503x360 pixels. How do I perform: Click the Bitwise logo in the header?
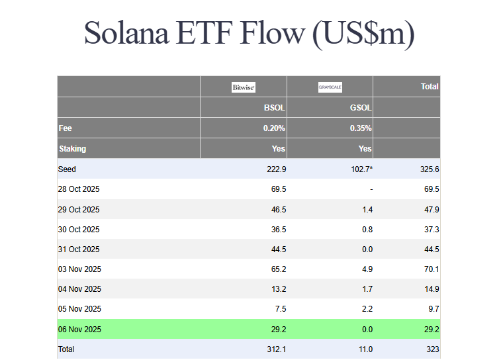[244, 87]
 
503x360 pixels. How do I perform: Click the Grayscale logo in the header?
[330, 87]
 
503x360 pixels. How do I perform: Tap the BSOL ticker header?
[275, 107]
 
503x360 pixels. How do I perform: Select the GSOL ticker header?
[361, 107]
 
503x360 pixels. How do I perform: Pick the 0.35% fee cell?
[361, 128]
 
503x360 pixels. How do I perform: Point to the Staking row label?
[72, 149]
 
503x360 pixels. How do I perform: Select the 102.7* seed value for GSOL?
[360, 169]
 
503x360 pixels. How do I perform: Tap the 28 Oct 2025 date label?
[79, 189]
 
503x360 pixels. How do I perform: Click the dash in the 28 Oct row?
[371, 189]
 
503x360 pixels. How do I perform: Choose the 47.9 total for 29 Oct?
[430, 210]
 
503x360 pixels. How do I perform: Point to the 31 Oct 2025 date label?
[79, 249]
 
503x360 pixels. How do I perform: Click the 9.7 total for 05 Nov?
[433, 309]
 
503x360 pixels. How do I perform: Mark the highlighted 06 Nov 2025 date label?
[79, 329]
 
